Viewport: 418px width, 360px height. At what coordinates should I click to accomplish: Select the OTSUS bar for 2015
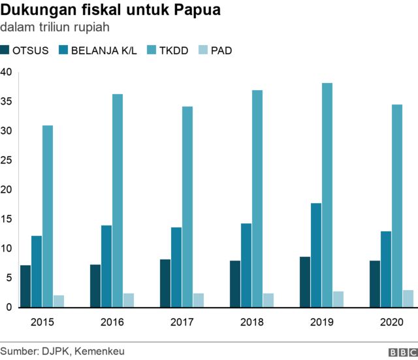[x=25, y=286]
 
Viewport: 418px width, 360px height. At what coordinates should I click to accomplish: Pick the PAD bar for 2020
[x=408, y=299]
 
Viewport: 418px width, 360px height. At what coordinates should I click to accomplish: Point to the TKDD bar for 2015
[x=48, y=216]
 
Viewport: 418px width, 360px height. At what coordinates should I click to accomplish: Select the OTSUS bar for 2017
[x=165, y=283]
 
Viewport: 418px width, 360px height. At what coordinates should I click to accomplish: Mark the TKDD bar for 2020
[x=397, y=206]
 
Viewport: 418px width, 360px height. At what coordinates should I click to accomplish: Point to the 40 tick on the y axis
[x=7, y=73]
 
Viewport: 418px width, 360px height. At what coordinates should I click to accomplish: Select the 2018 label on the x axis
[x=251, y=322]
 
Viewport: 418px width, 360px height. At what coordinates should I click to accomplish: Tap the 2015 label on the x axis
[x=42, y=322]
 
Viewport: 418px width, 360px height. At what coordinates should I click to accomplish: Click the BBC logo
[x=402, y=352]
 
